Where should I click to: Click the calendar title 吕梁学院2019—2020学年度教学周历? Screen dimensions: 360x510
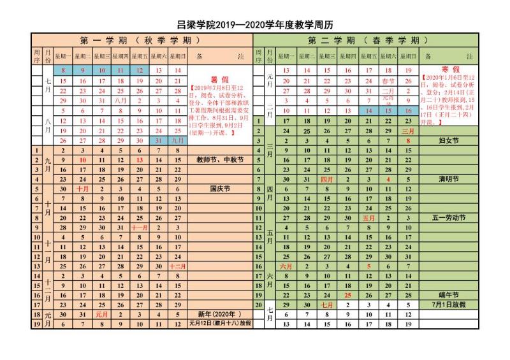pos(255,24)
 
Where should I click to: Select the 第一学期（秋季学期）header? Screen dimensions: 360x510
pos(142,40)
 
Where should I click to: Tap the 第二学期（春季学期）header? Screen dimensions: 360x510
pos(368,40)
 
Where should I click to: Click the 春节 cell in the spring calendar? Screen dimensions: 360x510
pos(388,81)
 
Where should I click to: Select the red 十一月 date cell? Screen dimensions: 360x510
pos(140,227)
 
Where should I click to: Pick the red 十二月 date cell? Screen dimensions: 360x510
pos(177,266)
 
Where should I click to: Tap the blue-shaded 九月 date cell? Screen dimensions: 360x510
pos(177,140)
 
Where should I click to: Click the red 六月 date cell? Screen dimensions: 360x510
pos(286,266)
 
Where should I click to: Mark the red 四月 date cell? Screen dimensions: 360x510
pos(327,180)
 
